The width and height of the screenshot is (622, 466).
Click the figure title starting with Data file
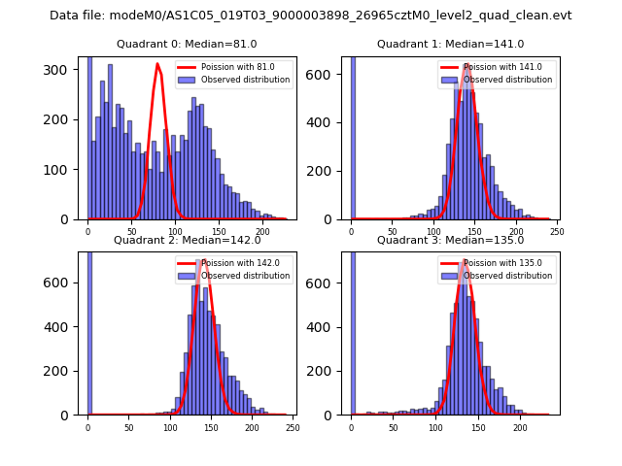tap(311, 16)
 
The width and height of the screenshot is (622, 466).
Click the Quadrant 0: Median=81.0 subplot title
tap(188, 44)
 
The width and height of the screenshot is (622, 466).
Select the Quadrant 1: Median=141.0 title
tap(450, 44)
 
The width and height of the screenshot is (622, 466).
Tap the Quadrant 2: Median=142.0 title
tap(188, 240)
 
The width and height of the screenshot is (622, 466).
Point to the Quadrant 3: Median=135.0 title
tap(450, 240)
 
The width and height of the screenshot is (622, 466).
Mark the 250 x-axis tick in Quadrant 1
tap(556, 231)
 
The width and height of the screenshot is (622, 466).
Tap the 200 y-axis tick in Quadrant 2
tap(63, 371)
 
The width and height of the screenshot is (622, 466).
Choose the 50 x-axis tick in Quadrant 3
tap(394, 426)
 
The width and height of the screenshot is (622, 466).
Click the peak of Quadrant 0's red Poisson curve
tap(157, 64)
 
